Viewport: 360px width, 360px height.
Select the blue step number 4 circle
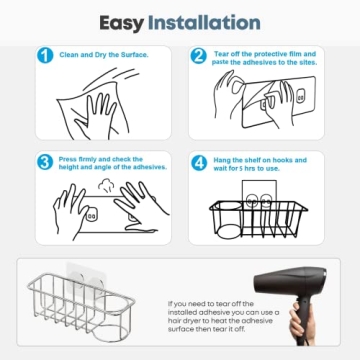198,161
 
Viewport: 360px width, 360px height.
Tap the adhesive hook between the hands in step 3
91,213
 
